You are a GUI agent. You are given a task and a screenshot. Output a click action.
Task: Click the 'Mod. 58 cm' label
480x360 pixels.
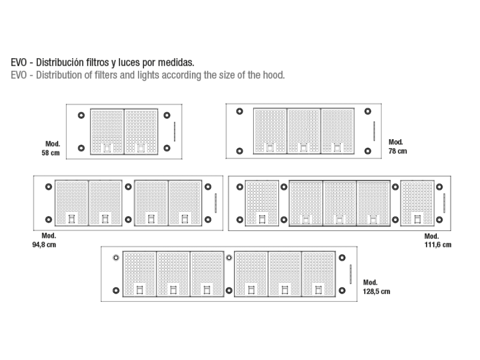tap(51, 148)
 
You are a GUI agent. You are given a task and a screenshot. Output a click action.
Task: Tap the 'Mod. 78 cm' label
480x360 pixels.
tap(398, 147)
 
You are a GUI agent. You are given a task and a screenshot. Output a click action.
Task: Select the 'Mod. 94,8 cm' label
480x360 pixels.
tap(44, 241)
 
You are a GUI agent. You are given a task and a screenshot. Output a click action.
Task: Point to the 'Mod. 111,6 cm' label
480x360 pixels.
tap(438, 241)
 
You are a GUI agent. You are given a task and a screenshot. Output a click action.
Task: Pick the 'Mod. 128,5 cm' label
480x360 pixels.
tap(377, 287)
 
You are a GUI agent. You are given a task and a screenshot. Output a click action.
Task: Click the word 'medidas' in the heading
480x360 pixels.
tap(175, 62)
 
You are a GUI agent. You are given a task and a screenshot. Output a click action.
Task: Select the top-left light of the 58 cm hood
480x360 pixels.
tap(81, 115)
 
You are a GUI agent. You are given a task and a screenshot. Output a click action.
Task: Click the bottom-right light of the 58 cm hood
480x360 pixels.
tap(167, 148)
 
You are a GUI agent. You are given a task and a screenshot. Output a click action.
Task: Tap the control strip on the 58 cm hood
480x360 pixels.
tap(175, 132)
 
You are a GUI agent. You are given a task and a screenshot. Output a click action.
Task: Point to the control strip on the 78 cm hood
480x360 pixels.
tap(374, 131)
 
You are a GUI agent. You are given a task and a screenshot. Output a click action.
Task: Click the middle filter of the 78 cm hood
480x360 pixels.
tap(303, 131)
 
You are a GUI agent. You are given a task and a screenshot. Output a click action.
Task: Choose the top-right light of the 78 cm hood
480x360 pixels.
tap(367, 111)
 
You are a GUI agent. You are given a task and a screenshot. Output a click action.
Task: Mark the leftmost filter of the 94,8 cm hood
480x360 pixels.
tap(71, 203)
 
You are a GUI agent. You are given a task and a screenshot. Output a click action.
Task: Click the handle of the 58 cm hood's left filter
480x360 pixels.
tap(107, 148)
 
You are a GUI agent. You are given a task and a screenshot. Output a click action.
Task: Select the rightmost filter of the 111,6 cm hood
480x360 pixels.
tap(417, 203)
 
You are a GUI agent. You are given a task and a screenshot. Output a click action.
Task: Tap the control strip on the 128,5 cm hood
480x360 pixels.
tap(350, 274)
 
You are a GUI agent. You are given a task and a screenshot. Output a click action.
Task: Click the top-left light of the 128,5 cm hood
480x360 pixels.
tap(116, 258)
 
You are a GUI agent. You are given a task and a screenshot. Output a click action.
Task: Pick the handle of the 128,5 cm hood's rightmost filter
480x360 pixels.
tap(318, 290)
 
